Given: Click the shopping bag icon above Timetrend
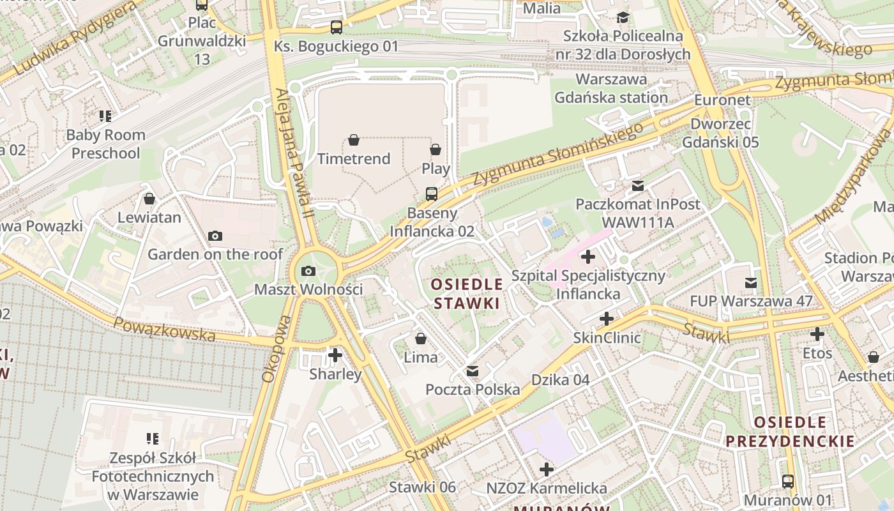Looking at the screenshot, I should (354, 140).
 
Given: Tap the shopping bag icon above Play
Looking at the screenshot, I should (436, 149).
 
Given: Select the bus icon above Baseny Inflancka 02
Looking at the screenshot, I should (432, 194).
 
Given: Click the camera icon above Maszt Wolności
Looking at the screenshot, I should (308, 271).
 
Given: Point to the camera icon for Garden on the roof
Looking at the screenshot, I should (215, 236).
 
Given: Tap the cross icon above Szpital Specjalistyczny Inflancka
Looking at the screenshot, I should (588, 257).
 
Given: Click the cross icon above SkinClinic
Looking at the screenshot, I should (607, 319).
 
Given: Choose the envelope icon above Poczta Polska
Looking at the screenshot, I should (473, 371).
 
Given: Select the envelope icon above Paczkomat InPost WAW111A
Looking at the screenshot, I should (637, 186).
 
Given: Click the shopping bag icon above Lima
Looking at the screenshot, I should (421, 339).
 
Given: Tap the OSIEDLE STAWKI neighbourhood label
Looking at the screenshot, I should (466, 293).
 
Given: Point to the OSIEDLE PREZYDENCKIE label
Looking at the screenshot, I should (790, 432).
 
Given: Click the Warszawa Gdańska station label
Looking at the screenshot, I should (611, 89).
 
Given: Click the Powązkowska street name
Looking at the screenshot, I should (164, 329).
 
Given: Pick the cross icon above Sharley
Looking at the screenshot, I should (335, 355).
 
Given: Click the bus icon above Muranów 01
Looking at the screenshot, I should (788, 482).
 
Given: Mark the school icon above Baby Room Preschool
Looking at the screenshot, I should (105, 116).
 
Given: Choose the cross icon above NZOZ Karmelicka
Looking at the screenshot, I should (547, 469).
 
